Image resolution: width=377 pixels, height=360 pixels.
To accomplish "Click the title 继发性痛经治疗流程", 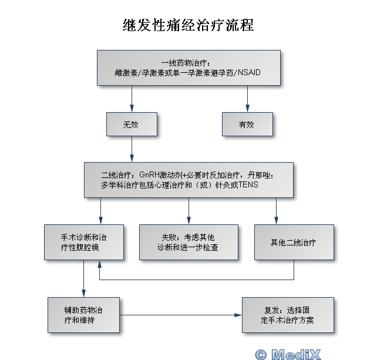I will point(188,25).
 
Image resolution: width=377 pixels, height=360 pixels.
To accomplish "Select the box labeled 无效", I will point(131,125).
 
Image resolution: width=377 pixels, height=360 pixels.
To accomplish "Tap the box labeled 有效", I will point(247,125).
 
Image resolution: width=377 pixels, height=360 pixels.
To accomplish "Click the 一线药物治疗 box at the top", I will point(188,68).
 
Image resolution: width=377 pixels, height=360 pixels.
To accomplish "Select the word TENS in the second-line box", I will point(248,184).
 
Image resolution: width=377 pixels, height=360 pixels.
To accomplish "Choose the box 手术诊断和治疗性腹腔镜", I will point(84,242).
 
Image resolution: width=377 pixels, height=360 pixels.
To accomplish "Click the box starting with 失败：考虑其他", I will point(188,242).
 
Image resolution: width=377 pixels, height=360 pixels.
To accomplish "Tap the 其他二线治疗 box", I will point(293,242).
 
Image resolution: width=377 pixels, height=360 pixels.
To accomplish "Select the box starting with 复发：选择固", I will point(288,315).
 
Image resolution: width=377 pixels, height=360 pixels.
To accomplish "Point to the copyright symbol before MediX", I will point(261,354).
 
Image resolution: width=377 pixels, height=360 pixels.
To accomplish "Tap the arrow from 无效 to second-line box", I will point(131,150).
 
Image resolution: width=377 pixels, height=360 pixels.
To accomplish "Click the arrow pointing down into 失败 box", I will point(188,211).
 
